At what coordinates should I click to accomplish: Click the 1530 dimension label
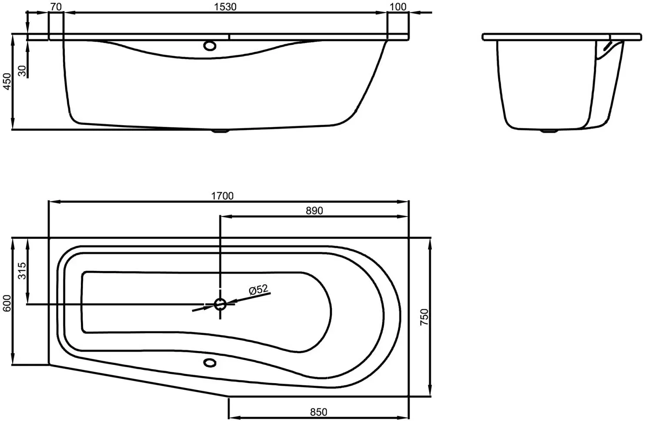pos(225,7)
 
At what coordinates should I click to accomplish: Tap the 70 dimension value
pos(56,7)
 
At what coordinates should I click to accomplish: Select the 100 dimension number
pos(398,7)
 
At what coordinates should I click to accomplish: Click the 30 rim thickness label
pos(22,71)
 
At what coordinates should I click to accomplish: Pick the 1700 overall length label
pos(222,196)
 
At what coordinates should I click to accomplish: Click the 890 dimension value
pos(314,210)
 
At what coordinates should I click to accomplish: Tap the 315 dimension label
pos(22,271)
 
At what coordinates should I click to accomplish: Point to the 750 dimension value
pos(424,317)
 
